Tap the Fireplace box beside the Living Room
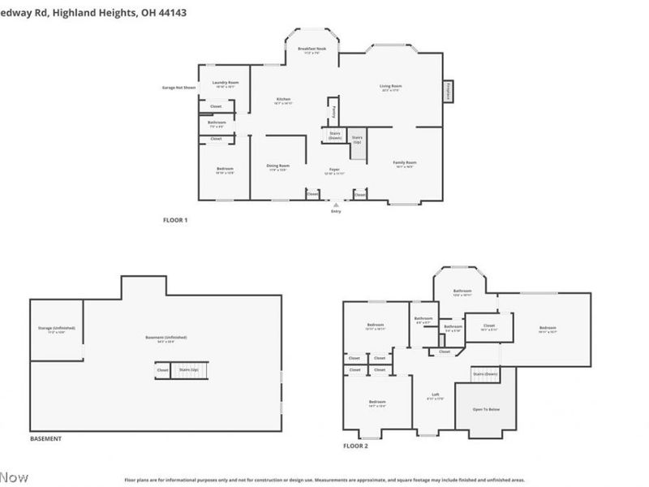448,92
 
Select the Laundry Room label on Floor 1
226,84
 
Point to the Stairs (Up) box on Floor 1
357,140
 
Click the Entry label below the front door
336,211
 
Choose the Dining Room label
278,167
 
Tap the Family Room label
404,164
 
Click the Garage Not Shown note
179,87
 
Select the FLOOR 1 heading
175,220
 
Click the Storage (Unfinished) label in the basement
57,329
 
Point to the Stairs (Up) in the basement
189,370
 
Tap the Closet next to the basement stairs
163,370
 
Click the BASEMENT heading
45,439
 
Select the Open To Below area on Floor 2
487,409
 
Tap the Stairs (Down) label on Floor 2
484,373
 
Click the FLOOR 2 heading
355,446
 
